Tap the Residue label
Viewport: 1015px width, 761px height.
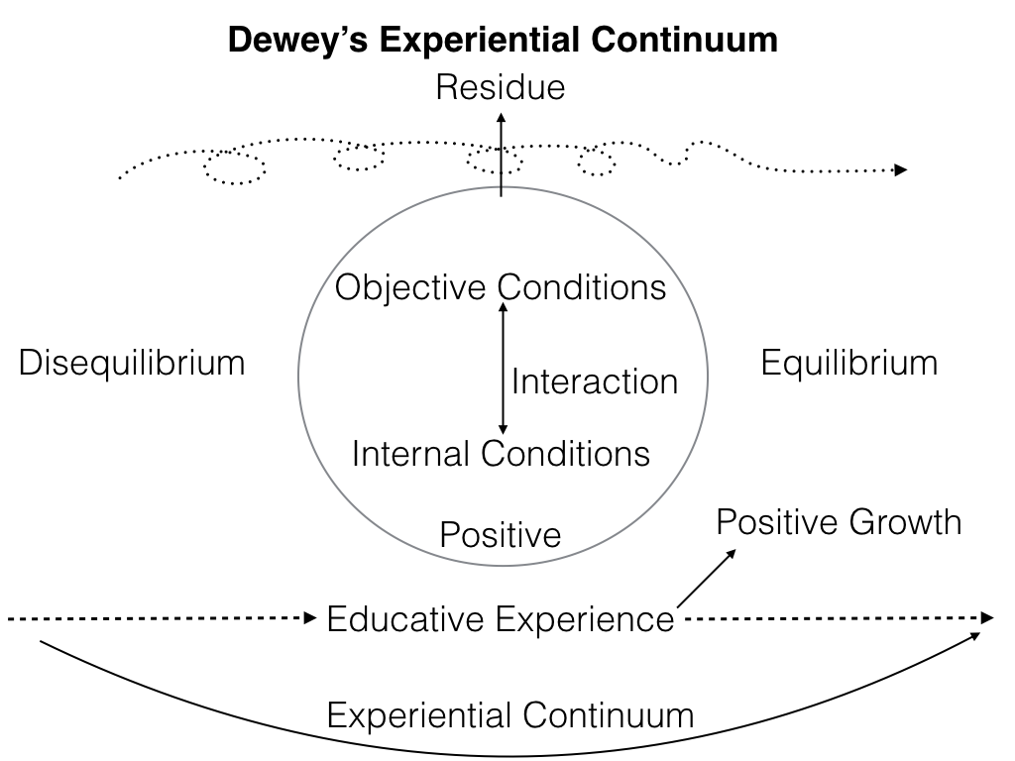pos(501,88)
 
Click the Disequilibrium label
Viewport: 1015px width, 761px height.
pos(132,363)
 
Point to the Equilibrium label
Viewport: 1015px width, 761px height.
pos(848,363)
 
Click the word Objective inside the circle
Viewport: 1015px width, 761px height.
pos(412,287)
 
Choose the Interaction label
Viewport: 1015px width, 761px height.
pos(594,380)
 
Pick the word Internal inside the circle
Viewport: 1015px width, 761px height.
pos(412,453)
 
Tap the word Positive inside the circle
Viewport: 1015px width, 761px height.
pos(501,535)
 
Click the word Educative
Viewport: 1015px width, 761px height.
pos(406,620)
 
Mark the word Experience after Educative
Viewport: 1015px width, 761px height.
pos(585,620)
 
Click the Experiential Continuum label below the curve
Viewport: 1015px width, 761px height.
pos(510,714)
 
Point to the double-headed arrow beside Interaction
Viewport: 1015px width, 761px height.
pos(502,369)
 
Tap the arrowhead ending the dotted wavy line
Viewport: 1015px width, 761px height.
pos(900,170)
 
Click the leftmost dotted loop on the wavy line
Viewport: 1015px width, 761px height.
pos(235,167)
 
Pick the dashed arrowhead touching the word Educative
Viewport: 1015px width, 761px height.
pos(308,619)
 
